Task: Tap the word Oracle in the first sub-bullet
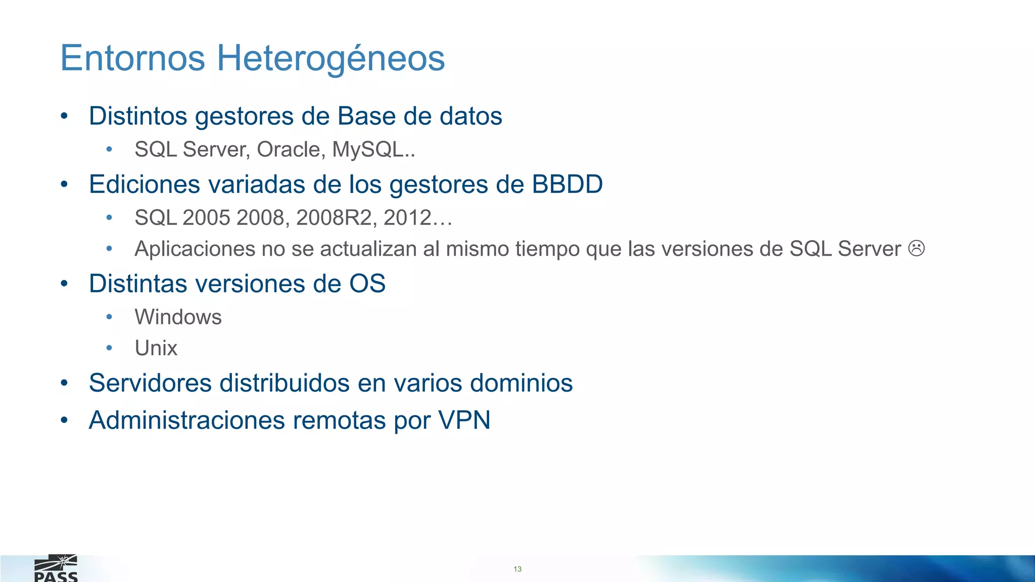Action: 291,150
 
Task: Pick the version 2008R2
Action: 336,218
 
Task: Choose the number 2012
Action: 407,218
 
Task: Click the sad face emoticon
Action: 916,248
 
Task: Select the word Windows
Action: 178,317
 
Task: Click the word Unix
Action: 156,348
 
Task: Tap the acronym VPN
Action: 464,420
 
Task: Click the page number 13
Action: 517,569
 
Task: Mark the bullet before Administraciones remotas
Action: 64,420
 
